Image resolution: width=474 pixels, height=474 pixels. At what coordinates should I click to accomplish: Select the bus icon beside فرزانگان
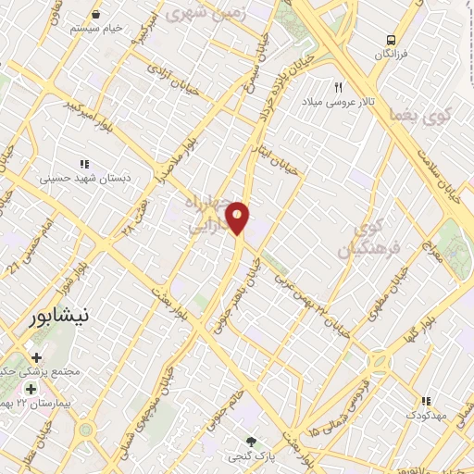pyautogui.click(x=393, y=40)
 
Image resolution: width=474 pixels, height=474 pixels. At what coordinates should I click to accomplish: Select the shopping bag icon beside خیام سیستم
pyautogui.click(x=98, y=15)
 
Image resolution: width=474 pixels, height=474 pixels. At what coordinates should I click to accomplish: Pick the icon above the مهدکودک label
pyautogui.click(x=426, y=401)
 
